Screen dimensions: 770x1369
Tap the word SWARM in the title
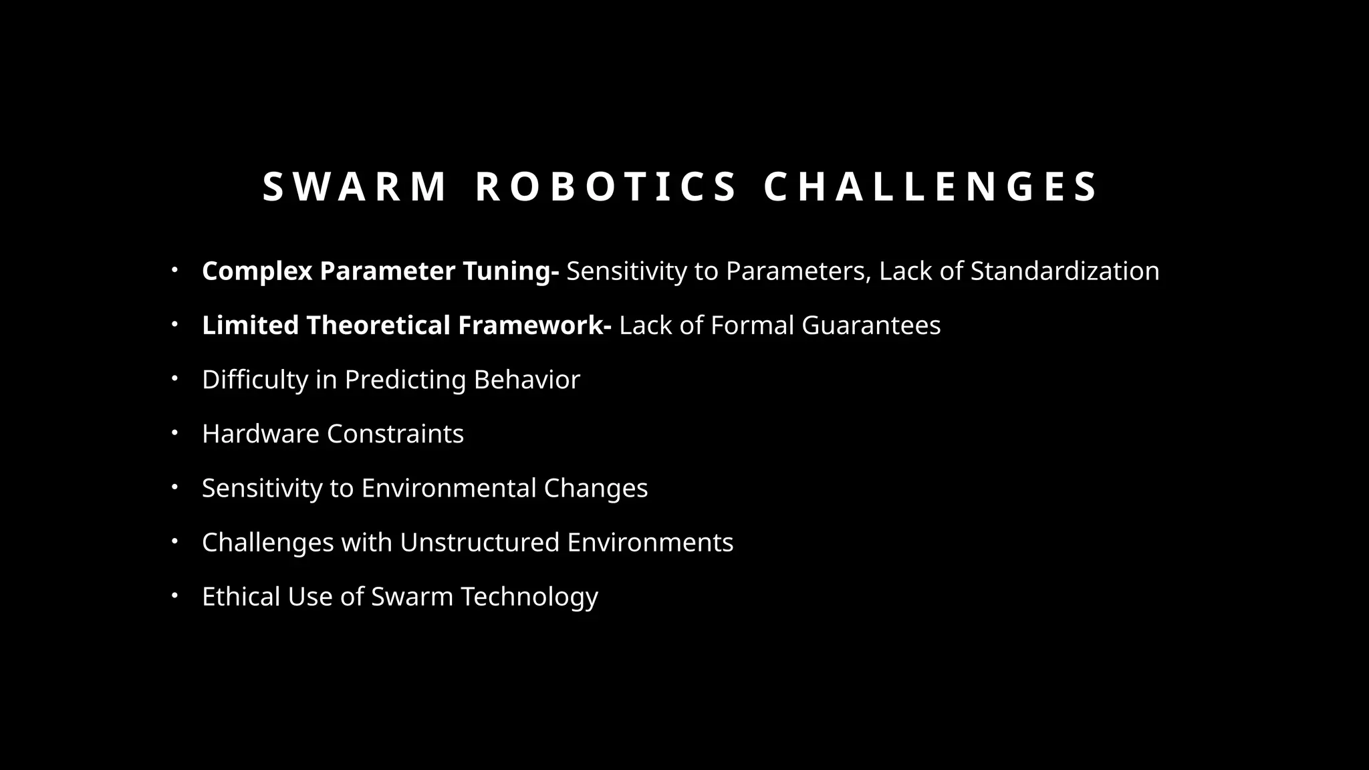coord(354,186)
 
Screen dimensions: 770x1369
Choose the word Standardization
coord(1065,271)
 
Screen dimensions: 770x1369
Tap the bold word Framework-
coord(535,325)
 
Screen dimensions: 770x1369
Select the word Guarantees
coord(871,325)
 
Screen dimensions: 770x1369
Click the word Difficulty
coord(255,380)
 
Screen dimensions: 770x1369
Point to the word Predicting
coord(405,380)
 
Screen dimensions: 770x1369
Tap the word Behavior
coord(527,380)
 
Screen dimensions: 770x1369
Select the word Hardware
coord(261,434)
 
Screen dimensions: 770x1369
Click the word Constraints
coord(395,434)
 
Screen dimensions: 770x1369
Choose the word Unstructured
coord(479,542)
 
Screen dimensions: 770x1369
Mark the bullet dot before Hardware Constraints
coord(174,433)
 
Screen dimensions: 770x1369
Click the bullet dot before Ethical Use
coord(174,596)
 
